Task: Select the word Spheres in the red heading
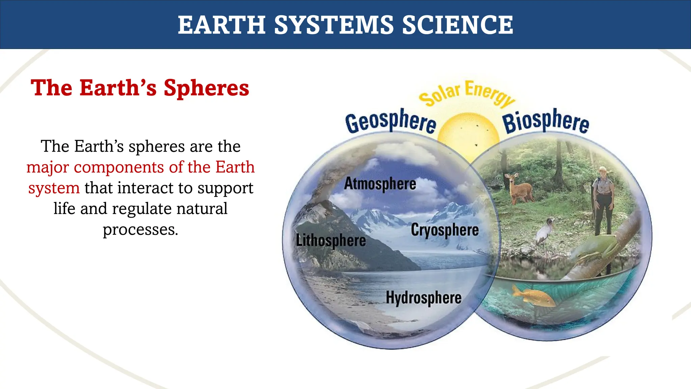pyautogui.click(x=206, y=88)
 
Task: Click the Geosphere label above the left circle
pyautogui.click(x=391, y=122)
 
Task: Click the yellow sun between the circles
pyautogui.click(x=468, y=135)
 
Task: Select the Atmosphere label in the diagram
pyautogui.click(x=380, y=184)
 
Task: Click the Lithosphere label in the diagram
pyautogui.click(x=331, y=241)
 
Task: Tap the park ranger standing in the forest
pyautogui.click(x=603, y=201)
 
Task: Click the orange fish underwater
pyautogui.click(x=533, y=295)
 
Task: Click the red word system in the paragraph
pyautogui.click(x=54, y=188)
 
